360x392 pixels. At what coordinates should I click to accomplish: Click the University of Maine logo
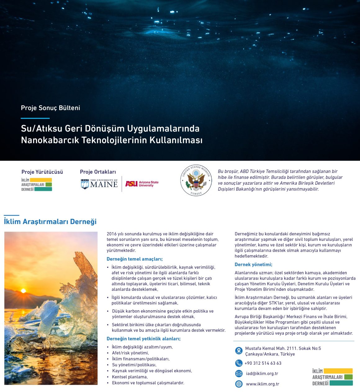[x=99, y=184]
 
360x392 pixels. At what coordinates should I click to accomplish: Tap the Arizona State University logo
[x=142, y=184]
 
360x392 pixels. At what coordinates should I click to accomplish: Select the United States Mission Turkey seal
[x=196, y=180]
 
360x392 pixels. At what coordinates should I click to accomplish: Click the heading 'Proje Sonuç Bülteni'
[x=51, y=108]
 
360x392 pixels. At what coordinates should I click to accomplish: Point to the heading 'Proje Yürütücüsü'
[x=42, y=172]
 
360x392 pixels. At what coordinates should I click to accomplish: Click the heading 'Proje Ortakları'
[x=98, y=172]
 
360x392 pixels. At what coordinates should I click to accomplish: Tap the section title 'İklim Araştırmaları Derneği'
[x=50, y=222]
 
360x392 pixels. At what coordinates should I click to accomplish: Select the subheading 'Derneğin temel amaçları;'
[x=135, y=259]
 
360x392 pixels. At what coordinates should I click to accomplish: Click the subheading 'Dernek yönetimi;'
[x=253, y=264]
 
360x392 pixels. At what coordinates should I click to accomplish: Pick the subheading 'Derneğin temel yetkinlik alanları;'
[x=143, y=339]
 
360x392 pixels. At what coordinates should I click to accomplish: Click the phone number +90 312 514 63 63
[x=263, y=363]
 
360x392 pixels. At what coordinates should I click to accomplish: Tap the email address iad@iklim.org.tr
[x=262, y=373]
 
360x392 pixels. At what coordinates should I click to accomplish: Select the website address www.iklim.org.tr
[x=263, y=384]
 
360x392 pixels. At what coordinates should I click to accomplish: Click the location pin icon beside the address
[x=239, y=351]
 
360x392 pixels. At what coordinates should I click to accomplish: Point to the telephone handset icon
[x=239, y=363]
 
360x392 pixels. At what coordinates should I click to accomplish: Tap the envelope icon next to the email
[x=239, y=373]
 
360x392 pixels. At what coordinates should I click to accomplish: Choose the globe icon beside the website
[x=239, y=384]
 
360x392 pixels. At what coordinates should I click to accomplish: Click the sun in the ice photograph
[x=23, y=291]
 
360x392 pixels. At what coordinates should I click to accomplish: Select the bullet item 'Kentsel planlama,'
[x=130, y=377]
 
